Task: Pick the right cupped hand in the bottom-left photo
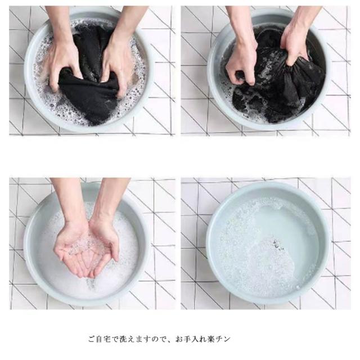(x=103, y=246)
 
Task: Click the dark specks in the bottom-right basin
(x=277, y=245)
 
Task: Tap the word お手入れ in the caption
(x=191, y=339)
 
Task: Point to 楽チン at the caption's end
(x=219, y=339)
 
